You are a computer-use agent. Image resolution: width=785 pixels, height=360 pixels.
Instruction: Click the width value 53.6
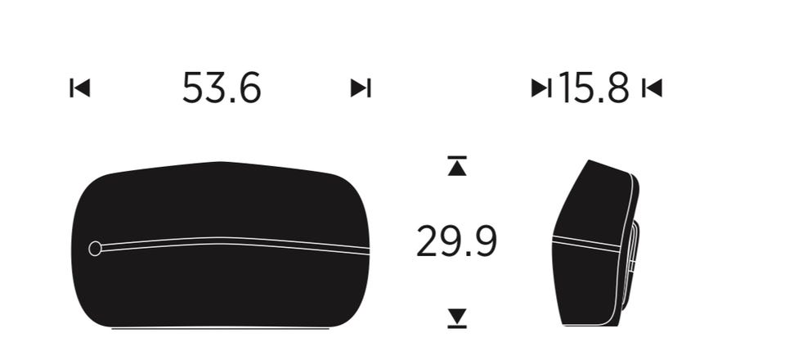click(x=222, y=88)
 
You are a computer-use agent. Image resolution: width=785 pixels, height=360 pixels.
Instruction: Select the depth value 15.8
click(x=594, y=88)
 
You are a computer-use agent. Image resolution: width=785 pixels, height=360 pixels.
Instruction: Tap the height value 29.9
click(x=456, y=241)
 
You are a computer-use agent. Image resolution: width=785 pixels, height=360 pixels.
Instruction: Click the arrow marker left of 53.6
click(x=80, y=88)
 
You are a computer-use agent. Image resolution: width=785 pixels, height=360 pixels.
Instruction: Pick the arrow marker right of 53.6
click(x=361, y=88)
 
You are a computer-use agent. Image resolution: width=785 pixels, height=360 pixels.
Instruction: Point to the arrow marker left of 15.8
click(x=541, y=88)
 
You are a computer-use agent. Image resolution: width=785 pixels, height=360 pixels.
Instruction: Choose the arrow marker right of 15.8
click(x=653, y=88)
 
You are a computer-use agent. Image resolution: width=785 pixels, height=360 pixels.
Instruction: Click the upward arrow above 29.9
click(x=457, y=166)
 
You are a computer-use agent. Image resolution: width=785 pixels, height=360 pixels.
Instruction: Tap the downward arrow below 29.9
click(x=457, y=318)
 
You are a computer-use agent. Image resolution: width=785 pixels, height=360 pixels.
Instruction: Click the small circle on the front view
click(x=95, y=249)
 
